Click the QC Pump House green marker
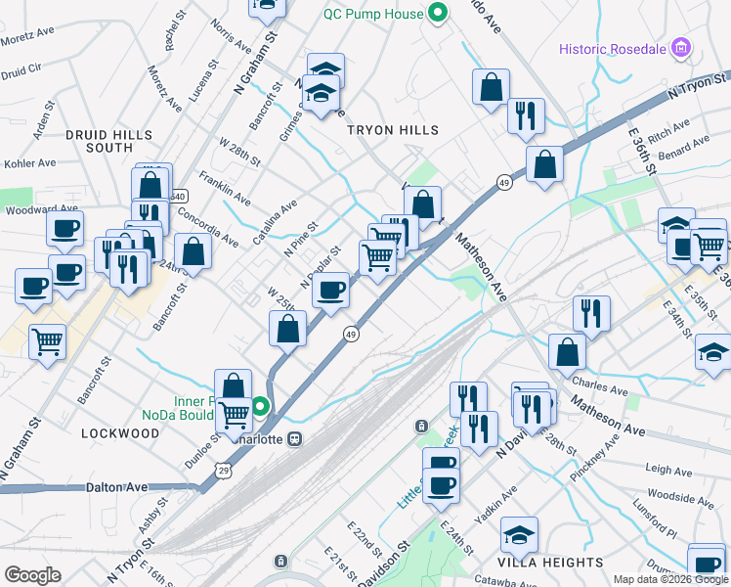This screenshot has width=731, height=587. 438,14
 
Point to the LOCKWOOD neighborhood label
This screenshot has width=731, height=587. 120,432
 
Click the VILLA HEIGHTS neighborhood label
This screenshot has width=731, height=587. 551,563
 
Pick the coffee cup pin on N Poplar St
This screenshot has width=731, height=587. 332,290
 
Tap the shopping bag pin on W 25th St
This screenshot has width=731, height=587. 287,329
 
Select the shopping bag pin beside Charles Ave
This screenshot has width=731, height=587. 567,351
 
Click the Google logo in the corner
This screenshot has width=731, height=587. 32,575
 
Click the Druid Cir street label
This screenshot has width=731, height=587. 21,70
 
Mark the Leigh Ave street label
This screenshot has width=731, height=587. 668,471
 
